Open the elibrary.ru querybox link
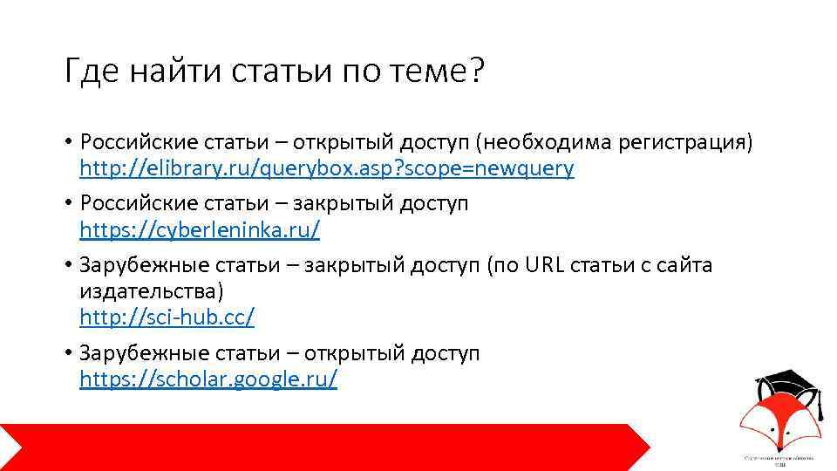pyautogui.click(x=327, y=169)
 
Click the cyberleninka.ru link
pyautogui.click(x=200, y=230)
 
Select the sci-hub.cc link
pyautogui.click(x=167, y=317)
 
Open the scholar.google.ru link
pyautogui.click(x=208, y=379)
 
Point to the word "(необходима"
pyautogui.click(x=537, y=142)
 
